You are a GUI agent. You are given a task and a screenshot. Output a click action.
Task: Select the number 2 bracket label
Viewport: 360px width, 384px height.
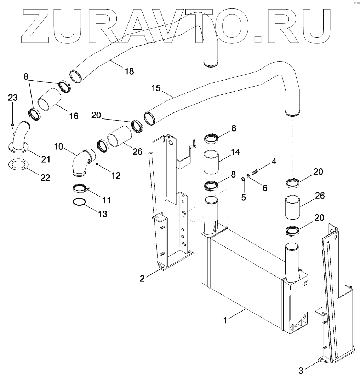click(142, 279)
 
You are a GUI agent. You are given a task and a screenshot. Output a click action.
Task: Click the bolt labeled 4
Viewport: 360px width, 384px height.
click(256, 171)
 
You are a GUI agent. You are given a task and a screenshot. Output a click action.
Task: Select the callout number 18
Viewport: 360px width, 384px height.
click(129, 71)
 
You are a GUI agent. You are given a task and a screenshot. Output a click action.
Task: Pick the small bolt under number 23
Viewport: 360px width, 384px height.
click(12, 124)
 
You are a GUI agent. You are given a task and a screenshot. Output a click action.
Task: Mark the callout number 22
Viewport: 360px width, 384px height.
click(45, 178)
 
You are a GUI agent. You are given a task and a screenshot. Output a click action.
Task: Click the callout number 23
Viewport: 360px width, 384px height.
click(13, 98)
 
